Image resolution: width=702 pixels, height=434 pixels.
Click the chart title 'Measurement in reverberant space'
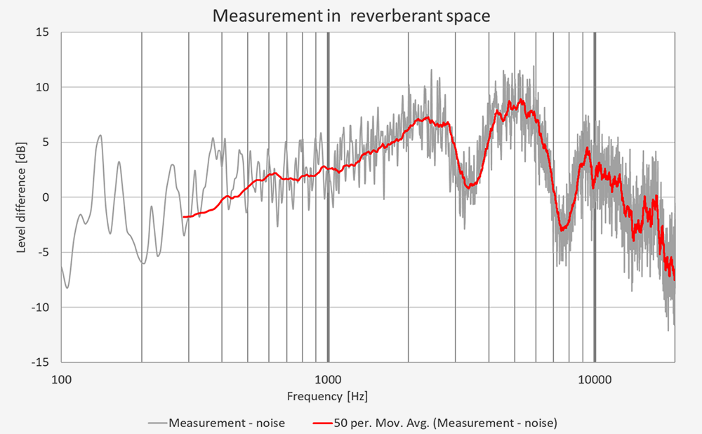[350, 15]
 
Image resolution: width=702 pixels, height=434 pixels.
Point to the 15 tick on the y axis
[44, 32]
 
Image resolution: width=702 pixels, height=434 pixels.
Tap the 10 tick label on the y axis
[44, 87]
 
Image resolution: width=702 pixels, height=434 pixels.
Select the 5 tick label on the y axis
[47, 142]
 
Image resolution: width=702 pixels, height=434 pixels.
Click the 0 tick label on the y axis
[47, 197]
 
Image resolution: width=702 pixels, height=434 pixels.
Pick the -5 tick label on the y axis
[45, 252]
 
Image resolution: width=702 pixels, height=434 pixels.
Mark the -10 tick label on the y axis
[42, 307]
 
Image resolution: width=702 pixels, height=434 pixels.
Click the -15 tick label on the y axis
[42, 362]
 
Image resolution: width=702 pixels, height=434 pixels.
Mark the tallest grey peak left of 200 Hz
[100, 136]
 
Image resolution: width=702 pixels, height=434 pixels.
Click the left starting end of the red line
[183, 217]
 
